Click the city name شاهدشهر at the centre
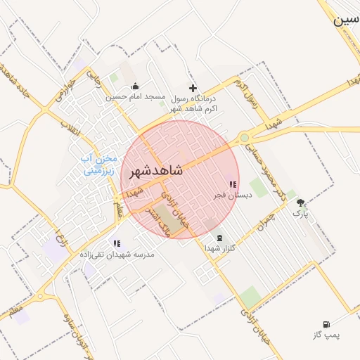click(156, 170)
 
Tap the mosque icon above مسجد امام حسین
click(136, 86)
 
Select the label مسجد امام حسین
click(136, 96)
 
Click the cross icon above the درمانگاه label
click(193, 88)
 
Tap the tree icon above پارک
click(301, 202)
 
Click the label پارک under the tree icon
click(301, 212)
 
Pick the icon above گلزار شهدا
click(221, 238)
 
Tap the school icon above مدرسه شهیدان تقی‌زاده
click(117, 243)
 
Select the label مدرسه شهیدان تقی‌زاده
click(116, 254)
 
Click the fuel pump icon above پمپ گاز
click(326, 324)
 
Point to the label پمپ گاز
click(326, 335)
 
